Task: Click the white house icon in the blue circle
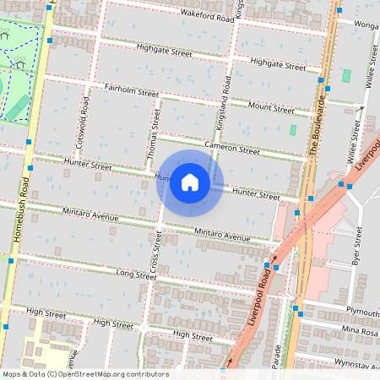(x=190, y=182)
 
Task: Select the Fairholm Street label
(x=131, y=89)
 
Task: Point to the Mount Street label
(x=271, y=108)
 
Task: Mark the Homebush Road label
(x=21, y=212)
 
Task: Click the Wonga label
(x=366, y=25)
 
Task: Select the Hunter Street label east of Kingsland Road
(x=256, y=194)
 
